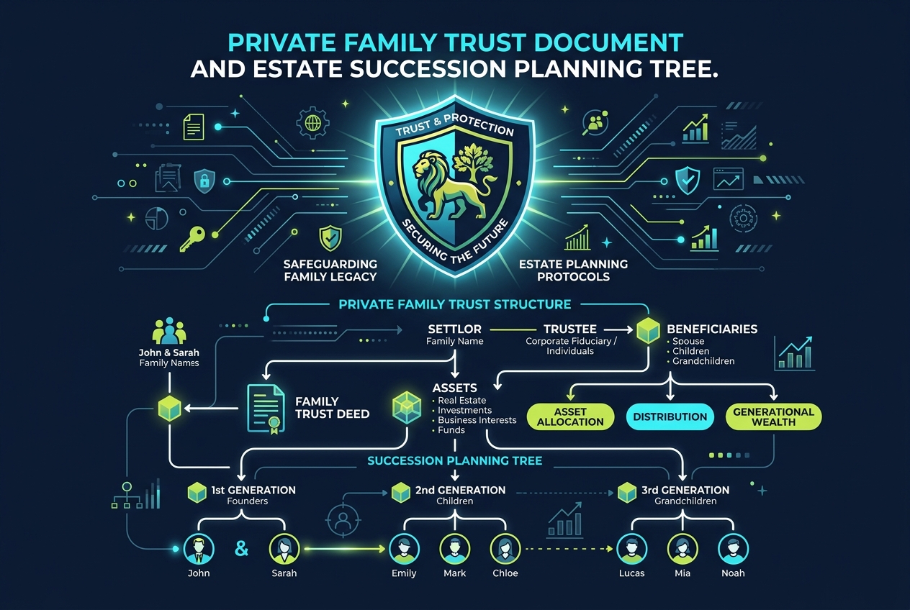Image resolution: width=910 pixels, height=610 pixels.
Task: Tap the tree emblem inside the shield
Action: (x=473, y=162)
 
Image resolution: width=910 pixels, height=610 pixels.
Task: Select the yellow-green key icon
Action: (x=192, y=239)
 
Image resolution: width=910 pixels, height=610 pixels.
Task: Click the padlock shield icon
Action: (x=204, y=181)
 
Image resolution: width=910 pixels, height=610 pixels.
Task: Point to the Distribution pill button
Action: (x=670, y=416)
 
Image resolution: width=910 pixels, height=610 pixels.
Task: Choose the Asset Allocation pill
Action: (x=570, y=416)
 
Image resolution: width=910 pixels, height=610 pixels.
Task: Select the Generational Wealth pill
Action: (x=773, y=416)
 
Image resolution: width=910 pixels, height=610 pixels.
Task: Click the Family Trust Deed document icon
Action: (x=266, y=409)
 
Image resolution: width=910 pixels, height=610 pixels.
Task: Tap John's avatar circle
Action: (x=199, y=549)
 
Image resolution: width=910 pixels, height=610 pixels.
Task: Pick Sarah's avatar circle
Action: (x=284, y=549)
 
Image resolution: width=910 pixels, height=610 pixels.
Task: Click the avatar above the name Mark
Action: (x=454, y=549)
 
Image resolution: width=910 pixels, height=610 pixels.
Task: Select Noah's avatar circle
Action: (x=733, y=549)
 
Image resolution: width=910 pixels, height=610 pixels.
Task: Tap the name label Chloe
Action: (x=505, y=573)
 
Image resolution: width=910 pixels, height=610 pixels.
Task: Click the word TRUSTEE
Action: (x=570, y=329)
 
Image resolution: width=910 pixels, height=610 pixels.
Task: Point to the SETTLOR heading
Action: (x=454, y=329)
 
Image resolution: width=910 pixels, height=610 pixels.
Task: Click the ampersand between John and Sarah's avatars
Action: (x=242, y=549)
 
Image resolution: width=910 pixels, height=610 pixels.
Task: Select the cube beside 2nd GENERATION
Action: (x=400, y=492)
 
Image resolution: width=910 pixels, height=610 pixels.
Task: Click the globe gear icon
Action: (x=312, y=122)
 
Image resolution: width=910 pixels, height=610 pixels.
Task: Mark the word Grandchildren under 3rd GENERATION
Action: (x=685, y=501)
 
